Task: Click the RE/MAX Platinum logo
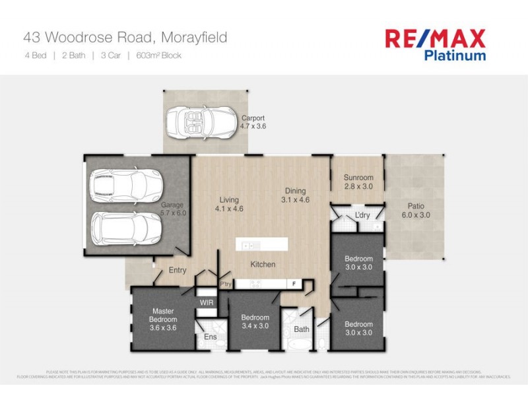tap(436, 44)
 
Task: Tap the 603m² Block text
tap(158, 55)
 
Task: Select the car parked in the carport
tap(195, 121)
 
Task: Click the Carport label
tap(253, 122)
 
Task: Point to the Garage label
tap(173, 209)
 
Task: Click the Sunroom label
tap(358, 181)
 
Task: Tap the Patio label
tap(415, 211)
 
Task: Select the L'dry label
tap(362, 216)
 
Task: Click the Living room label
tap(228, 204)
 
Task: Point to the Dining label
tap(295, 195)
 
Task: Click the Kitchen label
tap(262, 265)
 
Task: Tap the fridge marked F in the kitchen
tap(293, 284)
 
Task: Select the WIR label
tap(207, 302)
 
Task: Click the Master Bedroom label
tap(162, 319)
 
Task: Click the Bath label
tap(302, 329)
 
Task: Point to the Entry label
tap(177, 271)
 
